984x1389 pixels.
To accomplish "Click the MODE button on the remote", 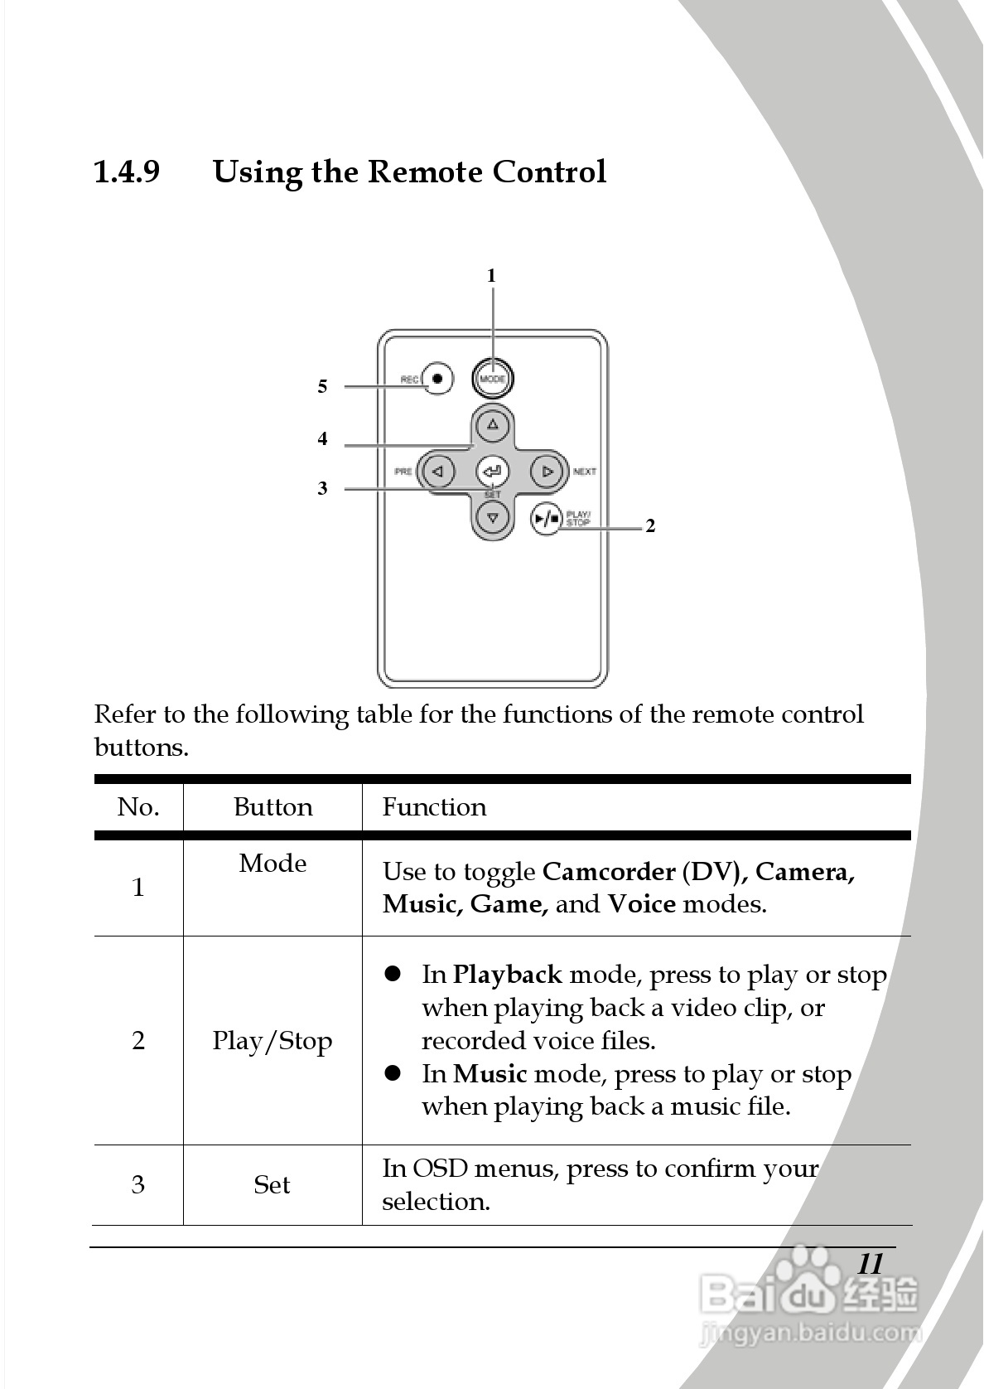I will point(493,379).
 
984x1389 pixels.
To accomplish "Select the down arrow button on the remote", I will point(493,519).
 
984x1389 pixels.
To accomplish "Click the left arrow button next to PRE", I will point(438,472).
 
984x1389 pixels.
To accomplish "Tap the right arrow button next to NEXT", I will point(547,472).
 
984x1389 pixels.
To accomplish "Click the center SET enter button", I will point(492,471).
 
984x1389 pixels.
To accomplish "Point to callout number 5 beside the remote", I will point(322,386).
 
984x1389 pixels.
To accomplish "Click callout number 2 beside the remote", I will point(650,525).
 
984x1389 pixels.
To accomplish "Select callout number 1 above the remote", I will point(491,275).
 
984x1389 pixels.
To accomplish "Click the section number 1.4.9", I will point(127,172).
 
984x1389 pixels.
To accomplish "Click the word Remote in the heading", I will point(424,172).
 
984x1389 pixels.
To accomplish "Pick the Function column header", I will point(434,807).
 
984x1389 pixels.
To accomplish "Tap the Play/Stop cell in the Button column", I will point(273,1041).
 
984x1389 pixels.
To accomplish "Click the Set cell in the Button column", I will point(272,1185).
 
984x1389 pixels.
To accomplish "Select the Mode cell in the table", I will point(273,864).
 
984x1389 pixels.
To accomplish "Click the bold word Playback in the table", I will point(507,975).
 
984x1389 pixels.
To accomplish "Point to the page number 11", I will point(870,1264).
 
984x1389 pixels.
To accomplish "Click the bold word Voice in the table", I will point(641,904).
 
